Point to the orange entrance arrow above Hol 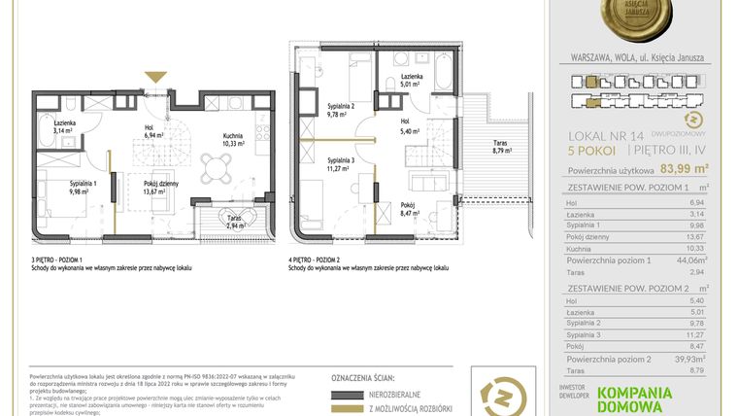154,77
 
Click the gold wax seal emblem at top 640,23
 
